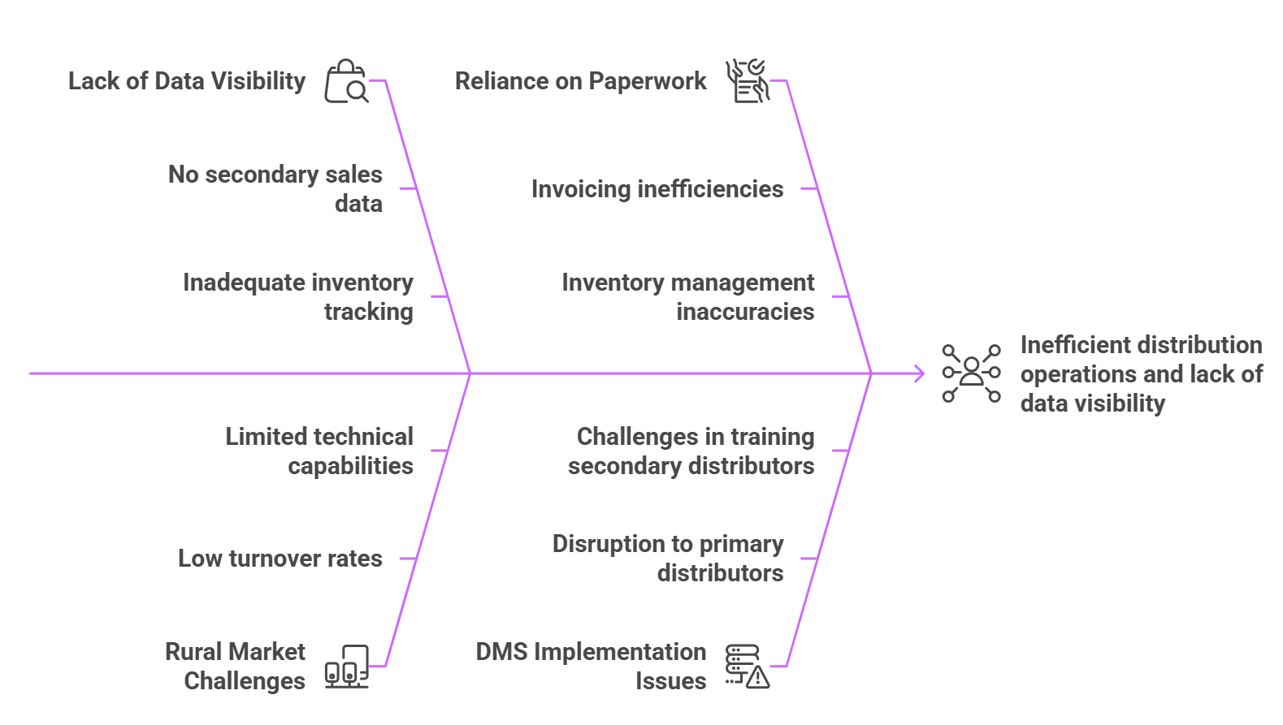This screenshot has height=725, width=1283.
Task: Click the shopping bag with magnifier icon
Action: [x=347, y=81]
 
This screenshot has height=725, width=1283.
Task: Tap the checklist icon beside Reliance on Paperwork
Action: [x=747, y=81]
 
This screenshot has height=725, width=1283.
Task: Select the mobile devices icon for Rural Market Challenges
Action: [x=347, y=667]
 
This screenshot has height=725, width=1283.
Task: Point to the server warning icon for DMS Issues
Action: [x=747, y=667]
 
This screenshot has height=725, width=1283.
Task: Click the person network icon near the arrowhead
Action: [x=971, y=373]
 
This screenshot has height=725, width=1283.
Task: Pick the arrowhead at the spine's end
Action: [x=919, y=373]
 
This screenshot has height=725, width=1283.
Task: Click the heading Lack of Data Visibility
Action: [x=187, y=81]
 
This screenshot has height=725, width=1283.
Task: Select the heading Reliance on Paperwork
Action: [x=580, y=81]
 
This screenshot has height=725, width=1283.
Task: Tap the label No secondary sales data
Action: [x=275, y=188]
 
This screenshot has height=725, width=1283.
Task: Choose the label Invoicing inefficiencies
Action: [x=657, y=189]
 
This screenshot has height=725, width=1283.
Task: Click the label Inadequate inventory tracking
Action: [x=298, y=296]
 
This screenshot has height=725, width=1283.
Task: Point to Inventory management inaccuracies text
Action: [x=688, y=296]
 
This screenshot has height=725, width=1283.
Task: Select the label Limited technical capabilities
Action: [x=319, y=451]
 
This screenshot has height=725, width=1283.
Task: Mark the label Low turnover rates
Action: [x=280, y=559]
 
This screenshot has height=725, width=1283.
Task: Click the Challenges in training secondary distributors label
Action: [x=691, y=451]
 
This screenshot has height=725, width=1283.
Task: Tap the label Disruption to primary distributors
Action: [x=668, y=558]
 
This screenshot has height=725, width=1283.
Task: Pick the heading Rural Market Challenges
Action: [x=236, y=666]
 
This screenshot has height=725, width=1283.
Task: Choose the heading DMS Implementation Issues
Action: [x=591, y=666]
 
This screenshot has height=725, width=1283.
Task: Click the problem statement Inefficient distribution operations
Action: [x=1141, y=373]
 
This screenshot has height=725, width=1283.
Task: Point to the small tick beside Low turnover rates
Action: [x=408, y=559]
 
